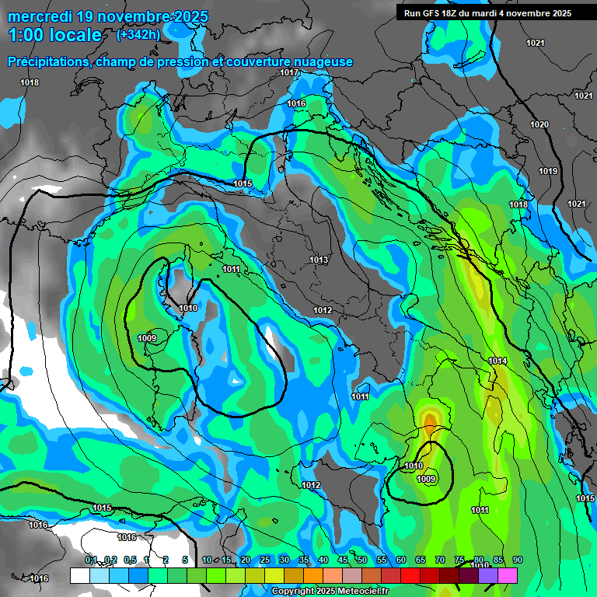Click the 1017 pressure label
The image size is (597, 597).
point(290,72)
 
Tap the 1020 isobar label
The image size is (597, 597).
point(539,124)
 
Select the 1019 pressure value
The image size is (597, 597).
point(548,171)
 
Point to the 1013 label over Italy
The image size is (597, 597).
point(319,260)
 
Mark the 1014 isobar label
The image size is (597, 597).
point(497,361)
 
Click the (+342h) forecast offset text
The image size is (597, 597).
point(138,34)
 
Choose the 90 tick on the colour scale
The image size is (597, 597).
point(518,560)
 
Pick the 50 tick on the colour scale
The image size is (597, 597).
point(362,560)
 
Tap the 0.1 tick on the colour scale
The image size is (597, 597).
point(91,560)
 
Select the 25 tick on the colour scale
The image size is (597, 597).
point(265,560)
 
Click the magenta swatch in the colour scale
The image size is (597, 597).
point(508,575)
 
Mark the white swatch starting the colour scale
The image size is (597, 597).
point(79,575)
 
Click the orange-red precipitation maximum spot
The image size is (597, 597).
point(430,421)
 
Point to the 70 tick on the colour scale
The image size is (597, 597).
point(440,560)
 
